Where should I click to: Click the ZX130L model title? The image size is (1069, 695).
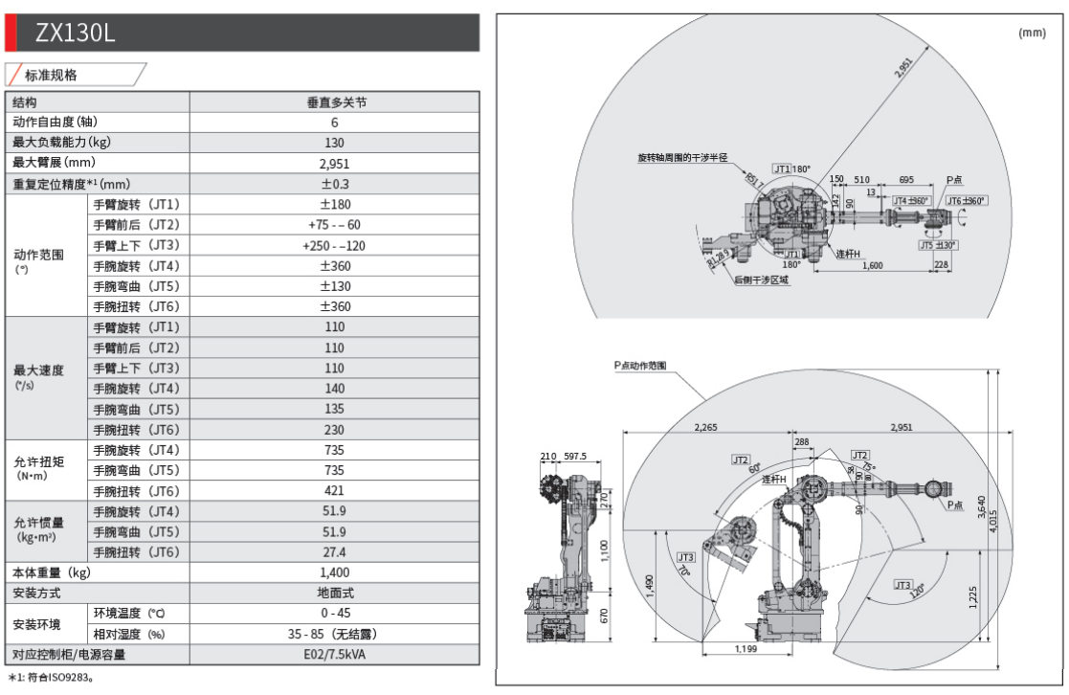[77, 33]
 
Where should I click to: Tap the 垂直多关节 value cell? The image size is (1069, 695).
[334, 102]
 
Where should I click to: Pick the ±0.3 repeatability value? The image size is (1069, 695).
[334, 184]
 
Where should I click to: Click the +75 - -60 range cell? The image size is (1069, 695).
[334, 225]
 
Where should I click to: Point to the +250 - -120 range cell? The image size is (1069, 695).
[334, 245]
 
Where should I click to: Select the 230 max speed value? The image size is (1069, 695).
[334, 429]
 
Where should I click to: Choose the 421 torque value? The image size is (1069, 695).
[334, 491]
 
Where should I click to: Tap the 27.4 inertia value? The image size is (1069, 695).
[334, 552]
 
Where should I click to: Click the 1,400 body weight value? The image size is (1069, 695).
[334, 572]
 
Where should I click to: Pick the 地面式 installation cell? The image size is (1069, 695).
[334, 594]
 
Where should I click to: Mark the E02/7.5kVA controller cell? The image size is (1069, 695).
[334, 655]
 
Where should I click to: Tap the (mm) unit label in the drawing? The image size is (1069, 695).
[1032, 33]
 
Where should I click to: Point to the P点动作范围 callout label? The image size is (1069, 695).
[640, 366]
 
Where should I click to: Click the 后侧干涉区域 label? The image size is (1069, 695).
[761, 280]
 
